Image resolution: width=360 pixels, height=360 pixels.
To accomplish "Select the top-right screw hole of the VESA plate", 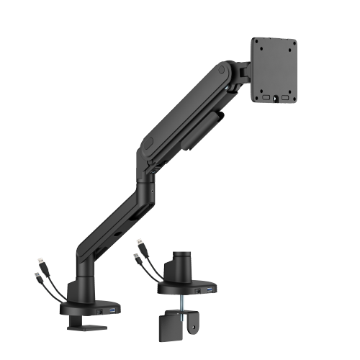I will click(289, 45).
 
